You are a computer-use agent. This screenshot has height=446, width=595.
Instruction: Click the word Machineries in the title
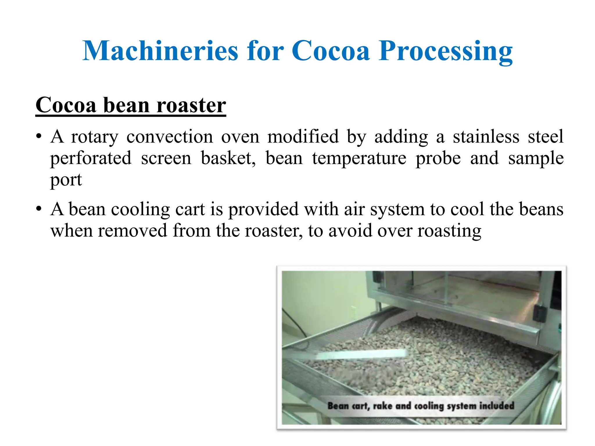(x=160, y=51)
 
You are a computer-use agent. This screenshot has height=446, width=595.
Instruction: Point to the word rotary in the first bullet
(x=95, y=137)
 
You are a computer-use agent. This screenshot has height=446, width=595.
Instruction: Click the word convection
(x=170, y=137)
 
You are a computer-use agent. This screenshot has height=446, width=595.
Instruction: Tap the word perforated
(x=91, y=158)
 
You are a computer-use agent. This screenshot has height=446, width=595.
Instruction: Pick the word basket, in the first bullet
(x=228, y=158)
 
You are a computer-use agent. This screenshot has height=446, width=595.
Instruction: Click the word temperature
(x=359, y=158)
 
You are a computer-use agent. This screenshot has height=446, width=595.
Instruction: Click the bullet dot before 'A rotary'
(x=39, y=137)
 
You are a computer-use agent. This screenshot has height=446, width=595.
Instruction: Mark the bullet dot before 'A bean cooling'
(x=39, y=209)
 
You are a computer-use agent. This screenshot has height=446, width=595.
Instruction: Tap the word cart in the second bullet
(x=190, y=209)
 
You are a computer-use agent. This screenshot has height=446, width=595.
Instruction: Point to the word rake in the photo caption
(x=383, y=406)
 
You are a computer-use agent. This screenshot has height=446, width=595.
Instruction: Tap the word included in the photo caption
(x=497, y=405)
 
